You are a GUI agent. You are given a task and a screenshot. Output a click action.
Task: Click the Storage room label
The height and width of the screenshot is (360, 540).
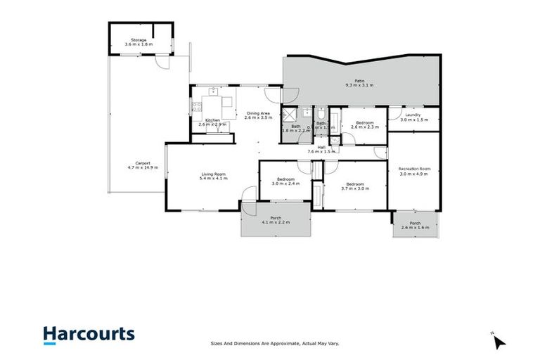(x=139, y=40)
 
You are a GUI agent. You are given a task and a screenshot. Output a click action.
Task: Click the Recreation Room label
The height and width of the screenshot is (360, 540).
(x=414, y=168)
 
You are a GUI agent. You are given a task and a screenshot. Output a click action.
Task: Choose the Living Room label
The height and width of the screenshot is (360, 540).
(x=213, y=174)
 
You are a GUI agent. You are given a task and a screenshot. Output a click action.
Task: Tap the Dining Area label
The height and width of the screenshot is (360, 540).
(x=257, y=113)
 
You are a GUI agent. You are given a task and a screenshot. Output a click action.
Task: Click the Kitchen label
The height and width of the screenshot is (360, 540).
(x=213, y=120)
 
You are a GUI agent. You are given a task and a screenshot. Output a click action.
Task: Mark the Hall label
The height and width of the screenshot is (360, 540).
(x=321, y=147)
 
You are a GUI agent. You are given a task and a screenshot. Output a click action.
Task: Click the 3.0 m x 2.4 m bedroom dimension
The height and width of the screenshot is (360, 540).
(x=285, y=183)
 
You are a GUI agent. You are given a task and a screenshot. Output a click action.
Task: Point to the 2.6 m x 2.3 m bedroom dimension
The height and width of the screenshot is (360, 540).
(x=364, y=127)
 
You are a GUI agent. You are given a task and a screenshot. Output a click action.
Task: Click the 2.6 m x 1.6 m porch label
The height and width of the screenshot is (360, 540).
(x=415, y=228)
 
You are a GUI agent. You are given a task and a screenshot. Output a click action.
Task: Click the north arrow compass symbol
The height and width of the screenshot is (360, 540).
(x=499, y=342)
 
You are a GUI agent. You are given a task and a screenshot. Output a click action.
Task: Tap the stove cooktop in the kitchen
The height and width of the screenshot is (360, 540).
(x=197, y=108)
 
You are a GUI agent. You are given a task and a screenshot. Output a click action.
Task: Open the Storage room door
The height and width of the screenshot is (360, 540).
(x=164, y=61)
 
